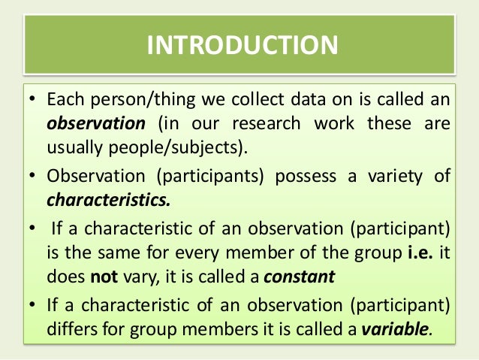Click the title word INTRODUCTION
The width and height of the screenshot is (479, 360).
243,45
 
